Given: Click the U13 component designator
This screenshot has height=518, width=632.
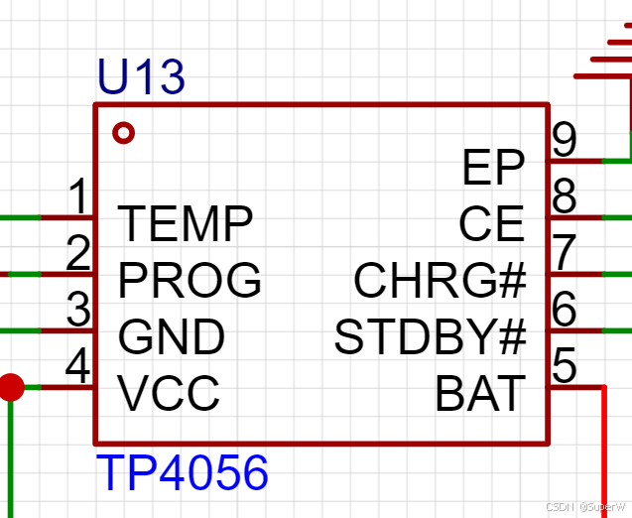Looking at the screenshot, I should point(141,78).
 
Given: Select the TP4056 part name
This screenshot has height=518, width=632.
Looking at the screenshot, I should point(183,473).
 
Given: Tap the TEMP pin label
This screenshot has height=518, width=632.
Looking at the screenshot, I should point(186,224).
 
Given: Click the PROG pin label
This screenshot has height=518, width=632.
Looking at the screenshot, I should point(190,281).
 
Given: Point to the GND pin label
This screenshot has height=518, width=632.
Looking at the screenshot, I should point(172,338).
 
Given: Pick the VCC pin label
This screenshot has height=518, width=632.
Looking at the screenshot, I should point(169,394).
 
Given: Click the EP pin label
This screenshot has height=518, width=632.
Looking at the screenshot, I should point(493,169).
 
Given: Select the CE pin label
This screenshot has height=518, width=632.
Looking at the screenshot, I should point(491,225).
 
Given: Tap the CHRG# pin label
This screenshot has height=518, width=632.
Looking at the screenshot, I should point(440,282).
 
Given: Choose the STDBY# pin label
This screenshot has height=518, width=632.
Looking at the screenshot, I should point(430,338).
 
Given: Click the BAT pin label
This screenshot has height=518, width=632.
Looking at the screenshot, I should point(479,395).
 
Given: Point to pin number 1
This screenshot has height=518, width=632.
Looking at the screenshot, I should point(78,197).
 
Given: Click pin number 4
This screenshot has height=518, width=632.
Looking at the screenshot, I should point(77,367).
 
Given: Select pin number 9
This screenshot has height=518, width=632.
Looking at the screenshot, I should point(565,140).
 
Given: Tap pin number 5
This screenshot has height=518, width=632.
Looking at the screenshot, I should point(565,366).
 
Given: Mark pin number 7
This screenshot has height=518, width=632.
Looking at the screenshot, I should point(565,253).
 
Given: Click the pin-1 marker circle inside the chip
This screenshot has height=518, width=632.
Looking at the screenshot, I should point(123,132).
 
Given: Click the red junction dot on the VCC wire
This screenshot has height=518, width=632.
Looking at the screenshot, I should point(10,386).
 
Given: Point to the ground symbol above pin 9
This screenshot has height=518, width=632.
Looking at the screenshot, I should point(610,60).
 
